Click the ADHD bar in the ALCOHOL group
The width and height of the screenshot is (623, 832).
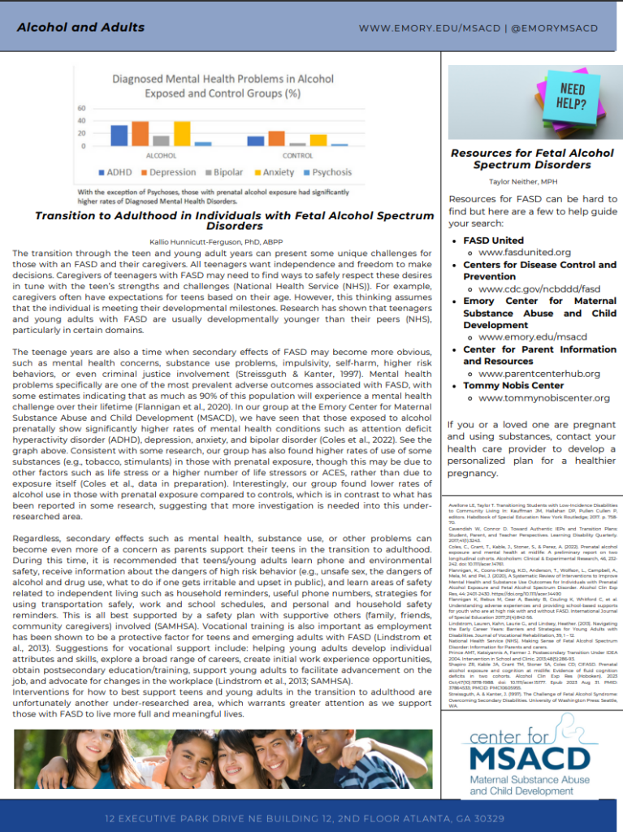(x=119, y=136)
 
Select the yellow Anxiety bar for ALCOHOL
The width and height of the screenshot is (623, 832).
(x=182, y=134)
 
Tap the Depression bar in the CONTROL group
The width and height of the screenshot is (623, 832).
(x=276, y=138)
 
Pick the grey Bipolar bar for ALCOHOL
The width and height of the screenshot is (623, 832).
(x=161, y=141)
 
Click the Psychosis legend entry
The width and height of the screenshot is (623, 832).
(x=327, y=172)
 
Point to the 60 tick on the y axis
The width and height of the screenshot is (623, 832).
(x=81, y=109)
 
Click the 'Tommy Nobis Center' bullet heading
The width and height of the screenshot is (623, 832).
(x=513, y=386)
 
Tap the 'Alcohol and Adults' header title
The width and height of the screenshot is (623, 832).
(x=80, y=27)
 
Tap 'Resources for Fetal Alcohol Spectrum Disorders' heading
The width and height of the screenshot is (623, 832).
(x=532, y=158)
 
